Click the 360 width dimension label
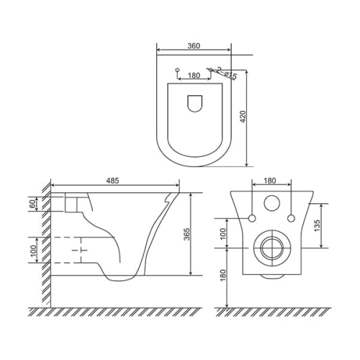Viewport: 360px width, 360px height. [194, 46]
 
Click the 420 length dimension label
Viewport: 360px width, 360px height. [243, 117]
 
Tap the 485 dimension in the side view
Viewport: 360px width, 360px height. [112, 181]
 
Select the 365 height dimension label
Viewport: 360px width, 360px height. [187, 234]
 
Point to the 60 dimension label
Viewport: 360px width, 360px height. [32, 204]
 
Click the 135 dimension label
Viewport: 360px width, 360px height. [317, 225]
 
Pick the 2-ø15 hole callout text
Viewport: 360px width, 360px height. [226, 73]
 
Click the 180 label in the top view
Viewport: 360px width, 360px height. [194, 76]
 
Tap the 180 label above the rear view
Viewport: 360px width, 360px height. [270, 181]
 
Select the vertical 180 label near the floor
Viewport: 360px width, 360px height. [223, 275]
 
